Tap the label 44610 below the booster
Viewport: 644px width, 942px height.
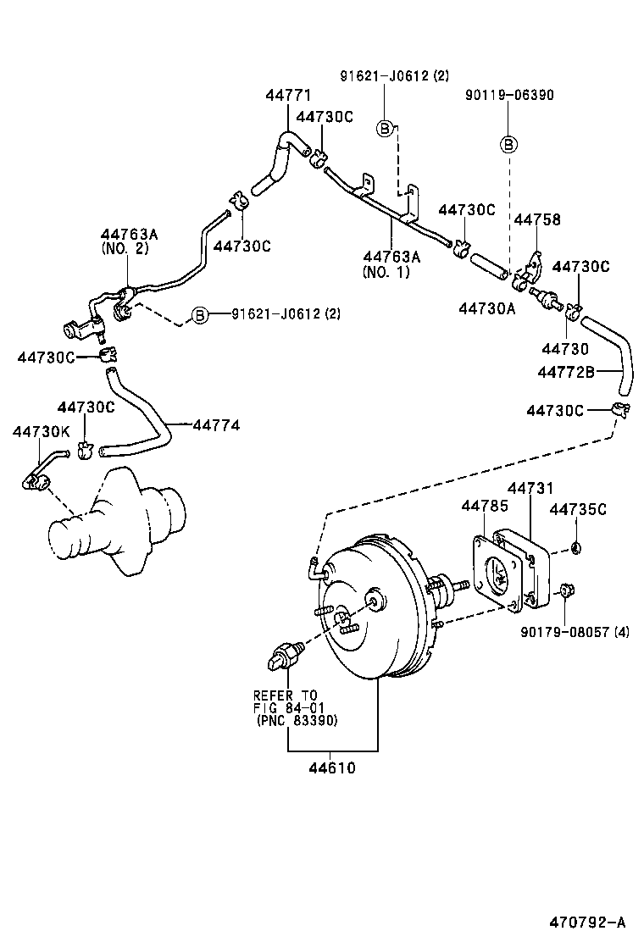[331, 768]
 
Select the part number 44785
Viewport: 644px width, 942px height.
[485, 506]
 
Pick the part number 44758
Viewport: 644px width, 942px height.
[536, 220]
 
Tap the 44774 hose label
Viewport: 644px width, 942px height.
[216, 424]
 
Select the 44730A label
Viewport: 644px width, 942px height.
[487, 308]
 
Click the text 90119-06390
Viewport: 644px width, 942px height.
[509, 95]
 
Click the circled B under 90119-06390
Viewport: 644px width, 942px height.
[508, 144]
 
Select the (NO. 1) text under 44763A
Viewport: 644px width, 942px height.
[386, 272]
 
